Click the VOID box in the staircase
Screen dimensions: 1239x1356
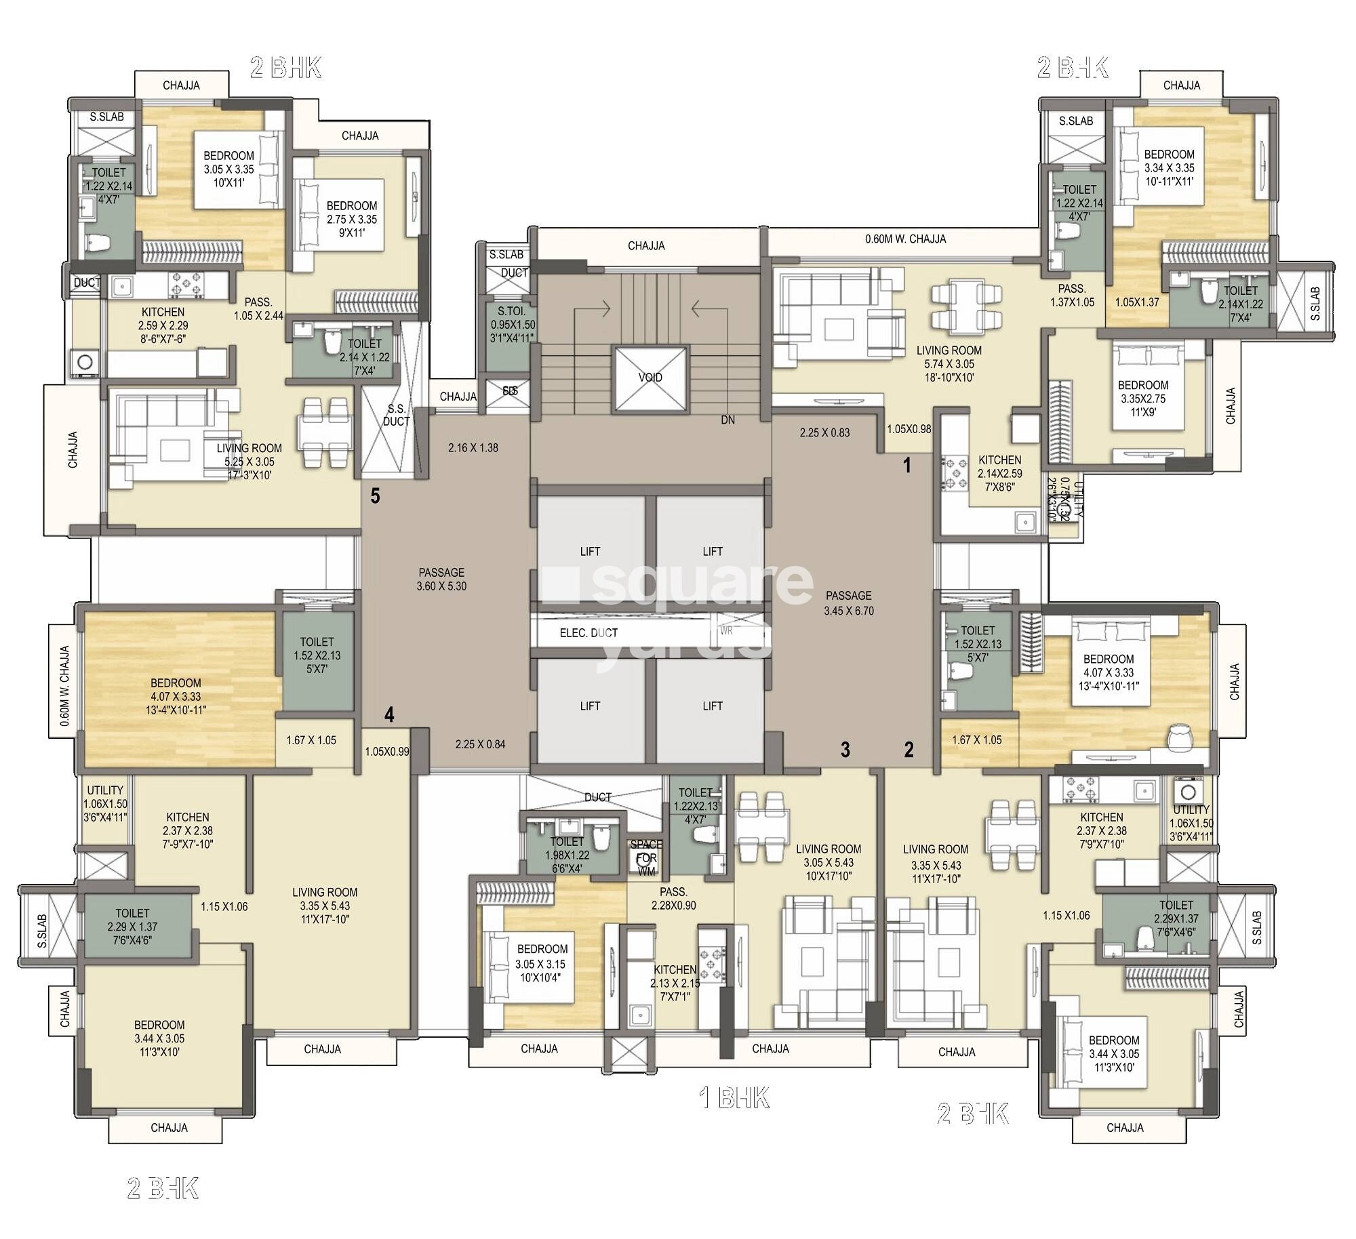click(650, 378)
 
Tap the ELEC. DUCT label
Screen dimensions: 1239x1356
click(589, 633)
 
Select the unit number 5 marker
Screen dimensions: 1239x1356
click(375, 497)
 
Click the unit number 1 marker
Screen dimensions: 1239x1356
click(907, 466)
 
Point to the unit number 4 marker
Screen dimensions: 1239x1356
click(389, 714)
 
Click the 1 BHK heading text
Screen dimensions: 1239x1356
click(734, 1099)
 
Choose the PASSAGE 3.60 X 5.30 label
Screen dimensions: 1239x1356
click(441, 580)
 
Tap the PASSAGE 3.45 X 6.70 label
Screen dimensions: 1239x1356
click(848, 603)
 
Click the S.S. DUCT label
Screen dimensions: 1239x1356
click(396, 415)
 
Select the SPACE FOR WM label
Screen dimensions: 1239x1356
click(646, 857)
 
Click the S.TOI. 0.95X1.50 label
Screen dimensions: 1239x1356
click(513, 325)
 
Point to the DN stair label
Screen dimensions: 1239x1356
click(727, 420)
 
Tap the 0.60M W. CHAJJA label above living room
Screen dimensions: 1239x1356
click(905, 239)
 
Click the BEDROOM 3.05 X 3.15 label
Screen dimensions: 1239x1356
click(542, 963)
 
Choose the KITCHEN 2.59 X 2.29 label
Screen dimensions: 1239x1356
click(163, 325)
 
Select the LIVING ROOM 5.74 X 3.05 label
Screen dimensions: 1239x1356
click(949, 364)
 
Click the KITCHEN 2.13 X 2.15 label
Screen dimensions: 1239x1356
click(675, 983)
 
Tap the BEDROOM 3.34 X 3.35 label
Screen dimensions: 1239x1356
click(1169, 167)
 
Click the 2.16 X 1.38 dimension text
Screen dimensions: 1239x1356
click(473, 448)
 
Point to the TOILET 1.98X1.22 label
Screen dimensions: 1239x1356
click(567, 855)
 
